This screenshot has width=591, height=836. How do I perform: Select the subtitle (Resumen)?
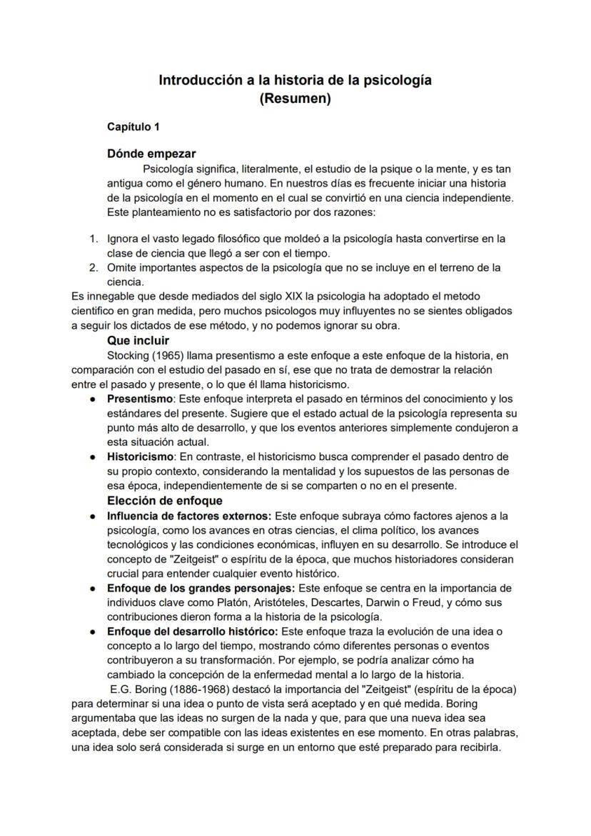coord(295,99)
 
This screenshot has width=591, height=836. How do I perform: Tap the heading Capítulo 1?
coord(133,127)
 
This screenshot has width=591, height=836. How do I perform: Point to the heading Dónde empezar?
coord(151,154)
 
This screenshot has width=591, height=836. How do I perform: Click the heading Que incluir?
coord(138,341)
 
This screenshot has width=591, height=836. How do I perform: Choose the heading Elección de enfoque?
coord(164,500)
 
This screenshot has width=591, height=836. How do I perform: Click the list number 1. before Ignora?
coord(94,239)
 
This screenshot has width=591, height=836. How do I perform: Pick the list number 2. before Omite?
coord(94,267)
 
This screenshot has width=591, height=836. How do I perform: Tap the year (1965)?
coord(166,355)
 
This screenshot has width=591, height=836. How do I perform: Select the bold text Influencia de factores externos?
coord(189,515)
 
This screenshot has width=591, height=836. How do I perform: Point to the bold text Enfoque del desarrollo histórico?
coord(193,632)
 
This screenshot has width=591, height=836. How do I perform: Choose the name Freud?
coord(423,602)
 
